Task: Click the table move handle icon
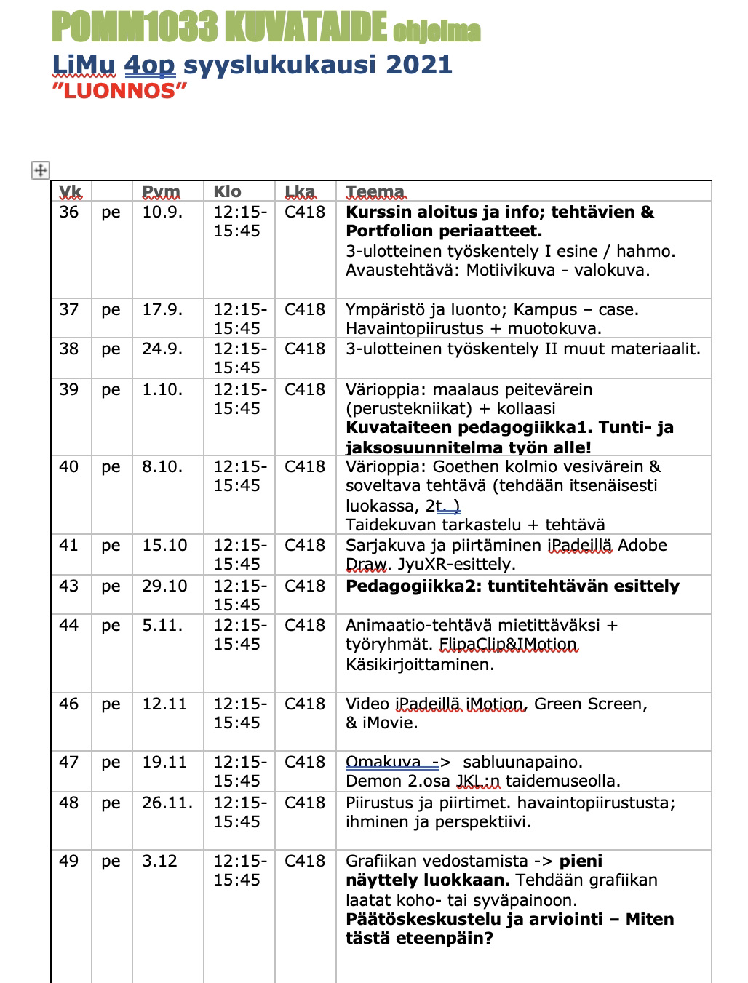[41, 170]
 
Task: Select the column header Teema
[375, 192]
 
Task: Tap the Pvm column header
[161, 192]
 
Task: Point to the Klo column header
[227, 192]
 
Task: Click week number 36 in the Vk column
[69, 212]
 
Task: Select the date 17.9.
[162, 310]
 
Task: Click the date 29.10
[164, 586]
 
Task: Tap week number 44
[69, 626]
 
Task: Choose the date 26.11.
[167, 803]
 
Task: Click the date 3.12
[160, 861]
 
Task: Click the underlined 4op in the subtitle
[150, 65]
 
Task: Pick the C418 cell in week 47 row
[305, 763]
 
